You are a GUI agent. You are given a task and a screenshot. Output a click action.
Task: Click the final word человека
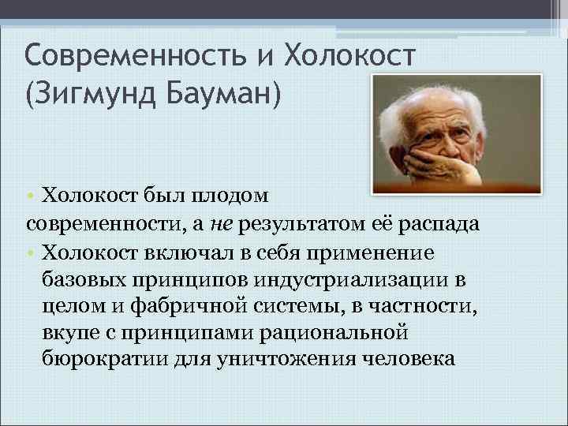tap(410, 360)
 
